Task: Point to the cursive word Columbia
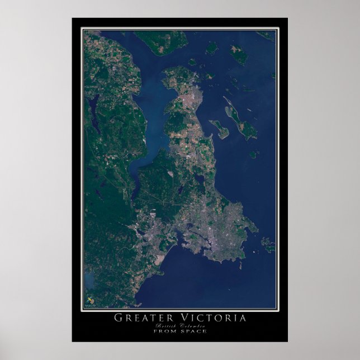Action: click(192, 325)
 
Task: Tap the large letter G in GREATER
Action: click(119, 318)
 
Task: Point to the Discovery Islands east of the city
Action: click(268, 244)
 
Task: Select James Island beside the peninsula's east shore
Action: click(220, 130)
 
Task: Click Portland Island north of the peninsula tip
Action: click(211, 48)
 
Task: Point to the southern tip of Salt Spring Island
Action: click(162, 47)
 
